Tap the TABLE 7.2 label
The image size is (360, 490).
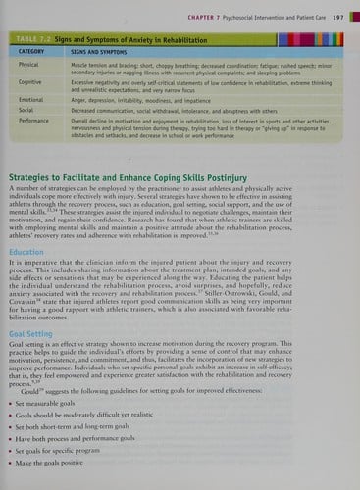click(42, 36)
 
